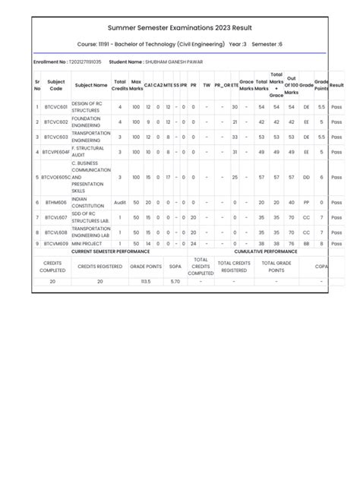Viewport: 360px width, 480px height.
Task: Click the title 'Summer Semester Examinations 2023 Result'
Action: [179, 27]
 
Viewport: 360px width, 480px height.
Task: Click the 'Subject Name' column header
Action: [91, 85]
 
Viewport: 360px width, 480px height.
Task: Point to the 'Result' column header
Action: [337, 85]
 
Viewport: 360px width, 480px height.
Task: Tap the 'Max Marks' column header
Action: [136, 85]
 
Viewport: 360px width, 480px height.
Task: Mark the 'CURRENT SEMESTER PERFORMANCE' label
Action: [111, 251]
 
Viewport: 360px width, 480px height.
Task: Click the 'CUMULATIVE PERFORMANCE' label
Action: [266, 251]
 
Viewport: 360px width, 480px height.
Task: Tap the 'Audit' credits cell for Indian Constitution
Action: [119, 203]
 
